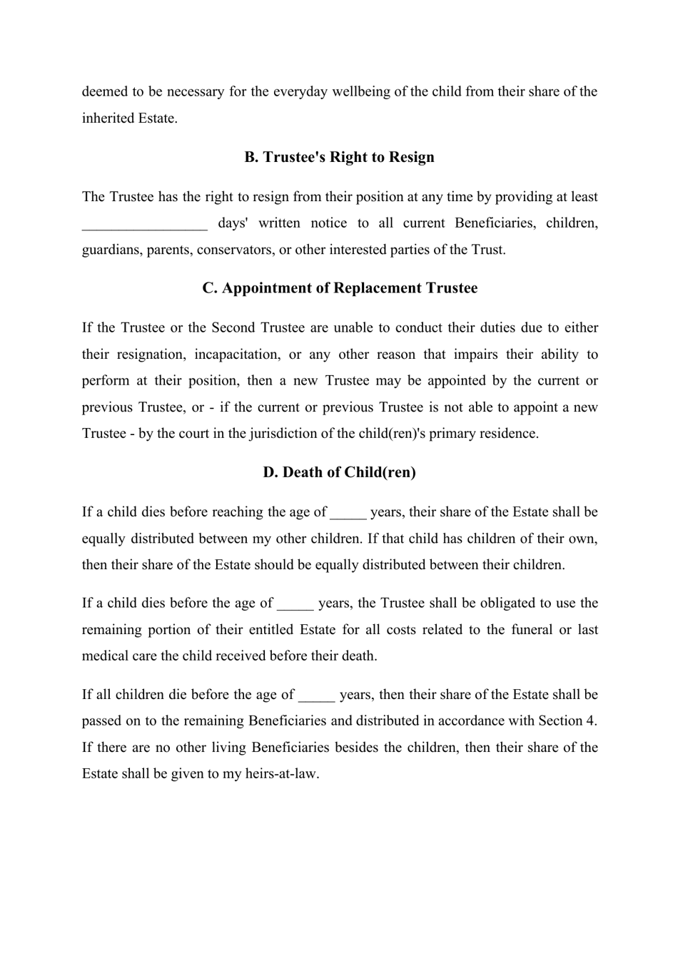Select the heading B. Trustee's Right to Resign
339,157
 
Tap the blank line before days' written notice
144,223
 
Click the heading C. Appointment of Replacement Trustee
339,288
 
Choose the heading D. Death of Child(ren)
339,472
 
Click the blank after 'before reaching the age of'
348,512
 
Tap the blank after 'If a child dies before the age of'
295,603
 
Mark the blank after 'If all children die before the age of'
316,695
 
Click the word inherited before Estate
108,118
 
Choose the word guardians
111,250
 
